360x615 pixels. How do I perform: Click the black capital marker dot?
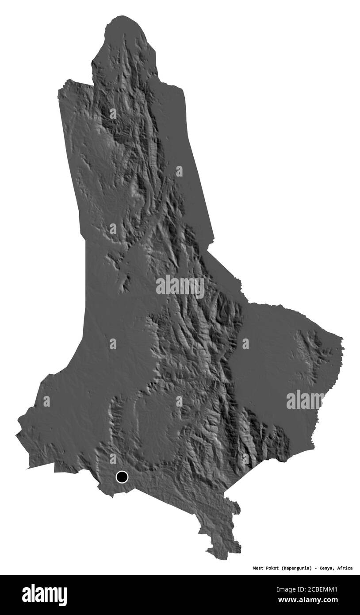[122, 477]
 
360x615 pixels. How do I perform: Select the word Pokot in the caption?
[272, 568]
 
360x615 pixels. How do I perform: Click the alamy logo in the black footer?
[44, 595]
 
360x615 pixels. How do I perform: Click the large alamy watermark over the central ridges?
[180, 286]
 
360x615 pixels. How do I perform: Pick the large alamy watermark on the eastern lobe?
[305, 400]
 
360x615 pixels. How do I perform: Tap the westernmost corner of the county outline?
[16, 435]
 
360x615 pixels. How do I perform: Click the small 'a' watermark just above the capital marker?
[113, 458]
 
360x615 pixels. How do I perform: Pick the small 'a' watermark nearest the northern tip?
[113, 113]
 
